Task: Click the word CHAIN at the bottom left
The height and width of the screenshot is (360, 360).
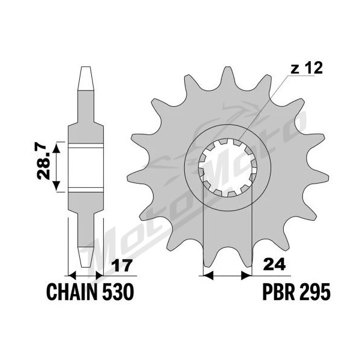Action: click(71, 292)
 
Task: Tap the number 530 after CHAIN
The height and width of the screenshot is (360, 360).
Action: click(118, 292)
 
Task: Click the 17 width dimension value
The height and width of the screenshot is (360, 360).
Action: click(122, 266)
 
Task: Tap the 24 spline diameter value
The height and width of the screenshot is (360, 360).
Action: click(275, 265)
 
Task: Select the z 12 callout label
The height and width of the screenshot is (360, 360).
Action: click(306, 68)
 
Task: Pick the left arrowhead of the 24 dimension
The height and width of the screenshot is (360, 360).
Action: click(208, 275)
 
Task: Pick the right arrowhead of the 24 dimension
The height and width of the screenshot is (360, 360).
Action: click(247, 275)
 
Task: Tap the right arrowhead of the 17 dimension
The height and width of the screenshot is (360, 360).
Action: click(99, 275)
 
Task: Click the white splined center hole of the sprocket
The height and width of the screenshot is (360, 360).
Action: click(228, 167)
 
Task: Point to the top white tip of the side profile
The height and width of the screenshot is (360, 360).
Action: click(86, 78)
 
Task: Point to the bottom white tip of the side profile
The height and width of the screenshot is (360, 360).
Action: click(86, 257)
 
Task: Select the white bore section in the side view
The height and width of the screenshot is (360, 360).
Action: click(86, 167)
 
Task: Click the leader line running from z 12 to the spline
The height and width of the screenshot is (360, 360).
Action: click(264, 107)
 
